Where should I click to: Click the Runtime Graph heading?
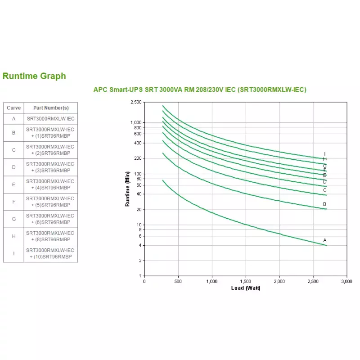(34, 76)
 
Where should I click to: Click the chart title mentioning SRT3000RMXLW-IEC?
(199, 90)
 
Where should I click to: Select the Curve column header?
(13, 108)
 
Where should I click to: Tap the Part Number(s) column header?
(50, 108)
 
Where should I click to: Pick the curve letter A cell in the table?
(13, 119)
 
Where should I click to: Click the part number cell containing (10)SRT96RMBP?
(50, 253)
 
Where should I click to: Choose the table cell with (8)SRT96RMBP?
(50, 236)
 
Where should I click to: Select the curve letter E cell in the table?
(13, 184)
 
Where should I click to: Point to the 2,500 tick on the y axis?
(135, 103)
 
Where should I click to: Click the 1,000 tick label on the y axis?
(135, 123)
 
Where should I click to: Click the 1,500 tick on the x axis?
(245, 281)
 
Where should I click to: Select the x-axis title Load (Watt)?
(245, 288)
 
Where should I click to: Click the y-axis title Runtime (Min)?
(127, 189)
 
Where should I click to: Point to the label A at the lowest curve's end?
(324, 240)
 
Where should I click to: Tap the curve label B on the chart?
(324, 204)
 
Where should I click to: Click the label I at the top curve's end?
(324, 154)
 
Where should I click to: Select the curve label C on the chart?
(324, 190)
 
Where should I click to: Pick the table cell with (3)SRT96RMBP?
(50, 167)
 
